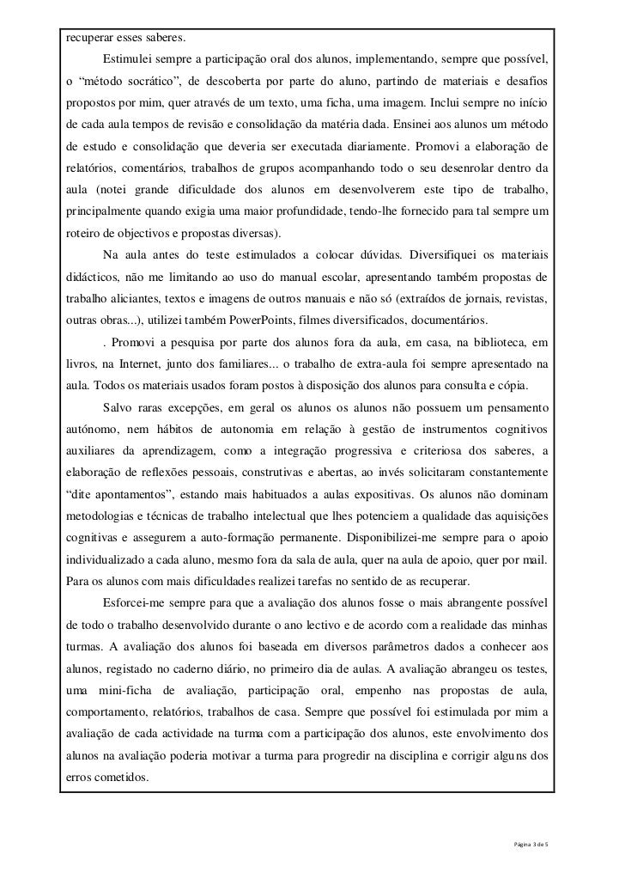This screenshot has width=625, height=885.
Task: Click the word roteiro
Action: pos(87,234)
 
